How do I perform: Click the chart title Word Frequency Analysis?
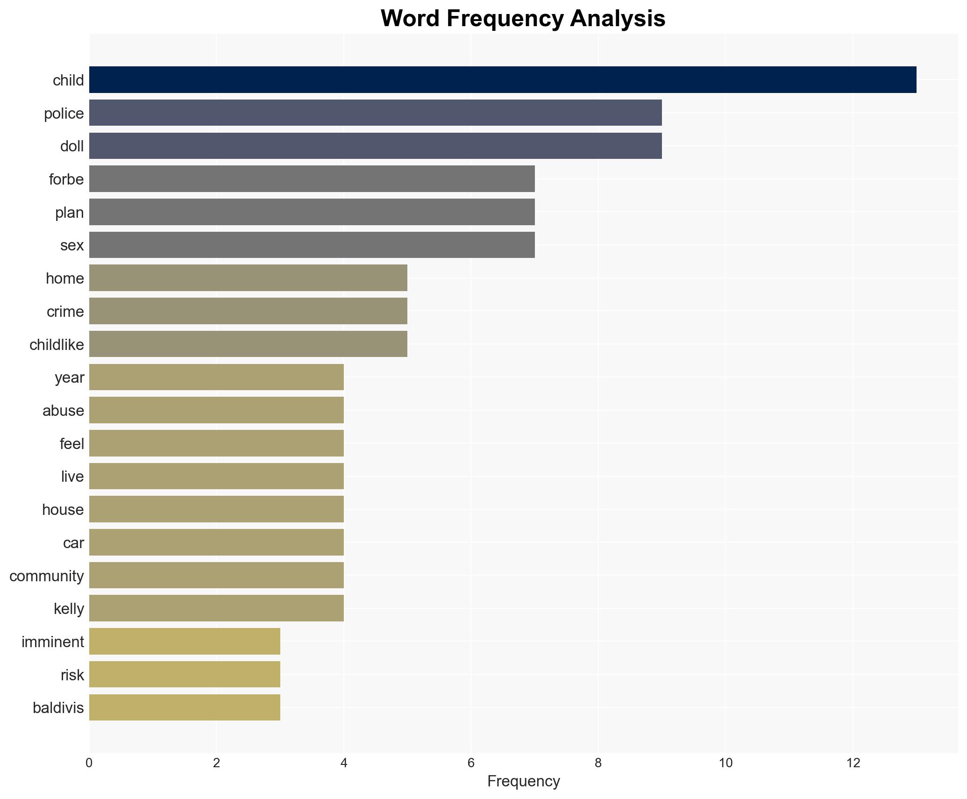(523, 19)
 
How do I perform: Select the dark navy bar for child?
(502, 80)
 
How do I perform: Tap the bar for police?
(375, 113)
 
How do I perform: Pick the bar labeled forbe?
(312, 179)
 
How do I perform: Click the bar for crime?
(248, 311)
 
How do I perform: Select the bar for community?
(216, 575)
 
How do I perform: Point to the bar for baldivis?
(185, 707)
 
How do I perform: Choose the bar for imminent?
(185, 642)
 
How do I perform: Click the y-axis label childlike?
(57, 345)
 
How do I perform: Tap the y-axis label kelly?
(69, 609)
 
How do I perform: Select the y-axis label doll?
(72, 146)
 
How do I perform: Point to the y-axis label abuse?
(63, 411)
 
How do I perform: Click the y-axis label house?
(63, 510)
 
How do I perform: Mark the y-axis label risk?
(72, 675)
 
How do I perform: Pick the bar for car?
(216, 542)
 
